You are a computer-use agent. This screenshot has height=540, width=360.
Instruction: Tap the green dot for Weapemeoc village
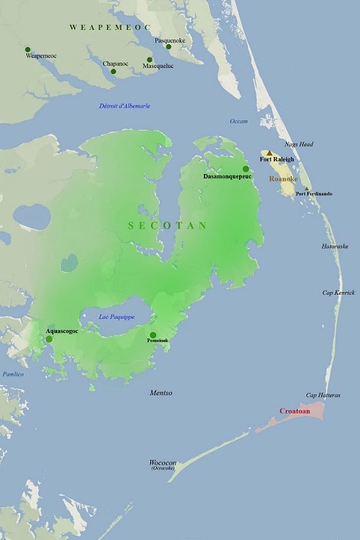coord(28,49)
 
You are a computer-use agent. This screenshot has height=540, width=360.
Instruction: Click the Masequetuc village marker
coord(150,60)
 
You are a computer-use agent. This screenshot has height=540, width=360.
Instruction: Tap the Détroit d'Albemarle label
coord(125,106)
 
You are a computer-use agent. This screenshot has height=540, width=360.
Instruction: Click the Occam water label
coord(238,121)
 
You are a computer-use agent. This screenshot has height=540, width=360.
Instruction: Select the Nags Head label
coord(299,145)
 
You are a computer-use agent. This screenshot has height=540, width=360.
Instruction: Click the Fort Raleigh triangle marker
coord(270,153)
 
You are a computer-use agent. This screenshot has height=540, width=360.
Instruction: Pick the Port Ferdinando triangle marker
coord(307,188)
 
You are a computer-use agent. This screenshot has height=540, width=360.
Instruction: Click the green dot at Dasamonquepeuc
coord(246,169)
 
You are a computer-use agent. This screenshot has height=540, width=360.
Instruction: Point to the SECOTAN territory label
coord(168,225)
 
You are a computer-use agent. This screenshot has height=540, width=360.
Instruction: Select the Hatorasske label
coord(336,247)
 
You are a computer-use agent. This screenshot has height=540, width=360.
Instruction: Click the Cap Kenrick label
coord(339,293)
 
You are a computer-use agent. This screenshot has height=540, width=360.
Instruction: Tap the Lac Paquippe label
coord(116,317)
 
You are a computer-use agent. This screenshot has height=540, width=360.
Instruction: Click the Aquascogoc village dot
coord(49,339)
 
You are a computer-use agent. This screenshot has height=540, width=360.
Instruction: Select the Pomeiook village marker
coord(153,335)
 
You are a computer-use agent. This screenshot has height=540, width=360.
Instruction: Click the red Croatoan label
coord(295,412)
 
